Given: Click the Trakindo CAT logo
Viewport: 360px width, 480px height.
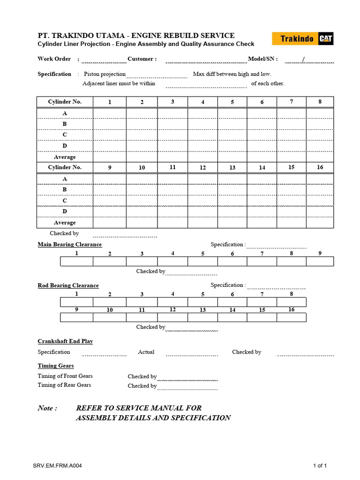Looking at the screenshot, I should point(303,38).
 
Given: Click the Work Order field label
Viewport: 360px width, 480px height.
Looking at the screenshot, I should point(54,59).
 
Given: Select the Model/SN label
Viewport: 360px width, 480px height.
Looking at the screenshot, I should point(262,59).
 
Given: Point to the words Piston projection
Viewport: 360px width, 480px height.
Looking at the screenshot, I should point(105,74).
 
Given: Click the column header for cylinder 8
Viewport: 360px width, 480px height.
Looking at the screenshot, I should point(320,102).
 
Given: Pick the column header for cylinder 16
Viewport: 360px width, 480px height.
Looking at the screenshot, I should point(320,167).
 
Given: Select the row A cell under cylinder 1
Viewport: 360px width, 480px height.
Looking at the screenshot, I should point(109,113).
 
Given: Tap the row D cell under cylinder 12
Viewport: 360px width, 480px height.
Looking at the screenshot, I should point(202,211).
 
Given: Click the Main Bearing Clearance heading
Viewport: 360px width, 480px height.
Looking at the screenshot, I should point(69,245).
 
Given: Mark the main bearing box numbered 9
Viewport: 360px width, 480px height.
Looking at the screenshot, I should point(320,261).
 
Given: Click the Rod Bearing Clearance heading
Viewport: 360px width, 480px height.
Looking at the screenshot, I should point(68,285).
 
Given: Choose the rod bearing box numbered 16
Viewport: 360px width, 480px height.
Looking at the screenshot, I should point(292,317).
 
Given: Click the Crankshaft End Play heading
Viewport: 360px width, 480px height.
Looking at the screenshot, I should point(65,341).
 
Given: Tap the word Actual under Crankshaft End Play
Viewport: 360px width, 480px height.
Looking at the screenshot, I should point(146,352).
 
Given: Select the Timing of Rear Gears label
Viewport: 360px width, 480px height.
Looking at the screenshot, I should point(65,385).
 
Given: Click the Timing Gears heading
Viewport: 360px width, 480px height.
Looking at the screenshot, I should point(56,366).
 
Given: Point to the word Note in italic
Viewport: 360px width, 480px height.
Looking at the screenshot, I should point(47,408).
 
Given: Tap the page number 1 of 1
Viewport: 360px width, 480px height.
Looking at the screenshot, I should point(320,466).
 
